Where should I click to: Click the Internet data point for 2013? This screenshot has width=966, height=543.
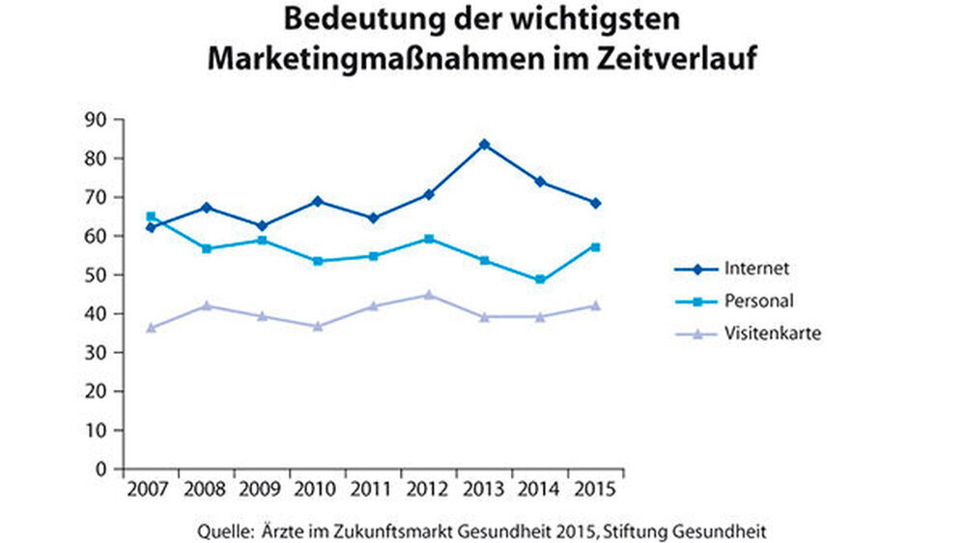[x=484, y=144]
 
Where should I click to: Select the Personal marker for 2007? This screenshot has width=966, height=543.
[x=150, y=216]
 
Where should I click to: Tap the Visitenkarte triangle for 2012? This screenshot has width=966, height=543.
[x=428, y=295]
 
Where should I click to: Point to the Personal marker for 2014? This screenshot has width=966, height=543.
[x=540, y=280]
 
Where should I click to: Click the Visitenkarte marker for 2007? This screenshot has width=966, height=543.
[x=150, y=328]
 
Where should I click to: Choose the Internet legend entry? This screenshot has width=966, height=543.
[x=744, y=268]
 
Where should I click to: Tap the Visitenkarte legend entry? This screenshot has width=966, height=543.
[x=757, y=333]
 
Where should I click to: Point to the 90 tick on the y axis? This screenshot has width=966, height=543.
[x=96, y=119]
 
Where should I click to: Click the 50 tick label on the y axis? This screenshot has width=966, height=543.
[x=96, y=274]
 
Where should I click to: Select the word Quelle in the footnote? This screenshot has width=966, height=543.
[x=223, y=530]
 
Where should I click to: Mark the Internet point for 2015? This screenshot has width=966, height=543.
[x=596, y=203]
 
